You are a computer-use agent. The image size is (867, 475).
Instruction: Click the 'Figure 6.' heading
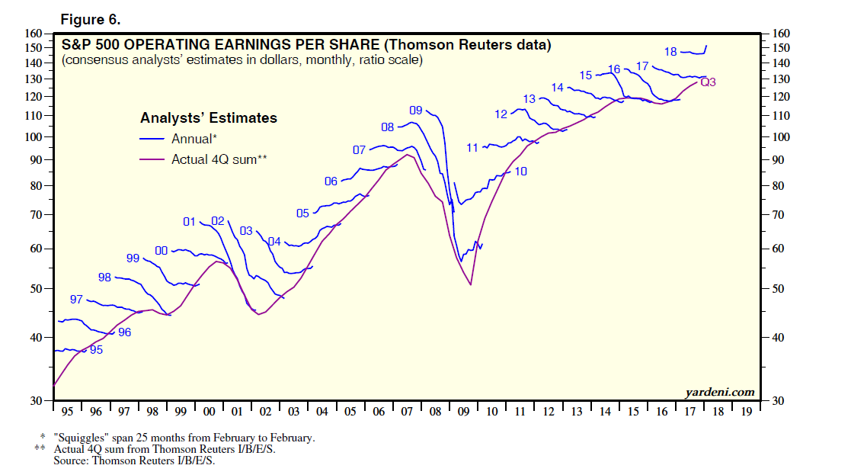[x=90, y=20]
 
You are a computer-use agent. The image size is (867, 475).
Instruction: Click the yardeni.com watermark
[x=720, y=393]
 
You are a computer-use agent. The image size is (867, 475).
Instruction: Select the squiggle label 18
[x=670, y=52]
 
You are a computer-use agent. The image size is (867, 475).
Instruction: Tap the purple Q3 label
[x=708, y=82]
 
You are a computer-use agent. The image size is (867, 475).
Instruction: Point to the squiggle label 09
[x=415, y=111]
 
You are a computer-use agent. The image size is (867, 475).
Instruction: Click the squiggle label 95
[x=96, y=350]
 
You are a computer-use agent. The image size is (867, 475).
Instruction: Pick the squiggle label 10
[x=521, y=172]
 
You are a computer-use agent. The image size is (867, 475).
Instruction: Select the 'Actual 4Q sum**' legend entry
[x=218, y=159]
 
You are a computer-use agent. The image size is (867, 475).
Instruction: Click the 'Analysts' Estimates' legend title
[x=208, y=118]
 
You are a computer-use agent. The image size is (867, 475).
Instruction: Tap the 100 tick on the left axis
[x=36, y=137]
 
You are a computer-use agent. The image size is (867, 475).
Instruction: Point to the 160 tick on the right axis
[x=782, y=34]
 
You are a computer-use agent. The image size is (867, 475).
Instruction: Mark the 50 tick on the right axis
[x=779, y=289]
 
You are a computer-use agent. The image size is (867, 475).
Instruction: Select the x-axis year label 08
[x=435, y=412]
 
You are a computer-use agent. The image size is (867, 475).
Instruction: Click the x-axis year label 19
[x=746, y=412]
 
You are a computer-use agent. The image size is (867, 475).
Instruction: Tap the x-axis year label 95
[x=67, y=412]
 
